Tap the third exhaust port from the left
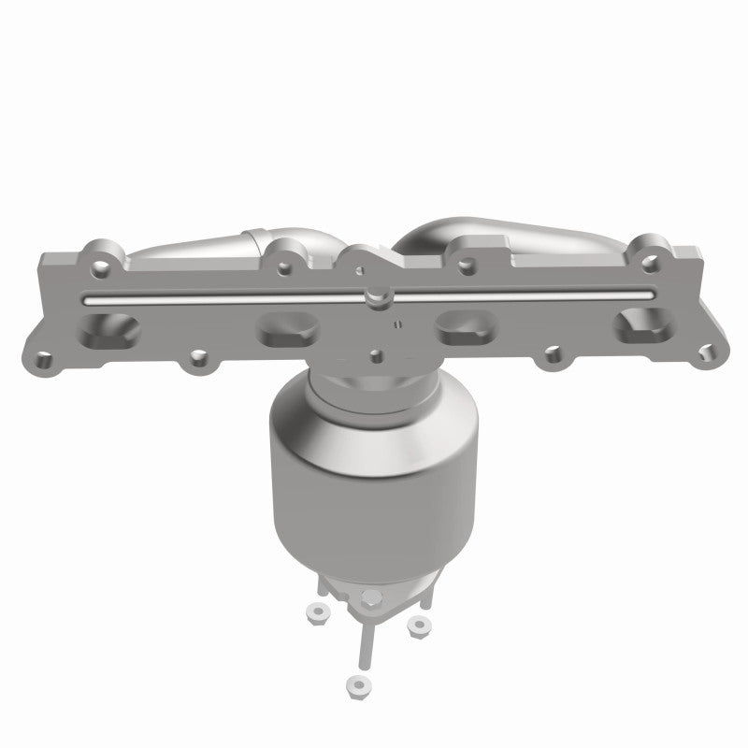tap(466, 333)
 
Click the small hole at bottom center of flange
tap(375, 354)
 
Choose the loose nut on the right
tap(419, 624)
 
